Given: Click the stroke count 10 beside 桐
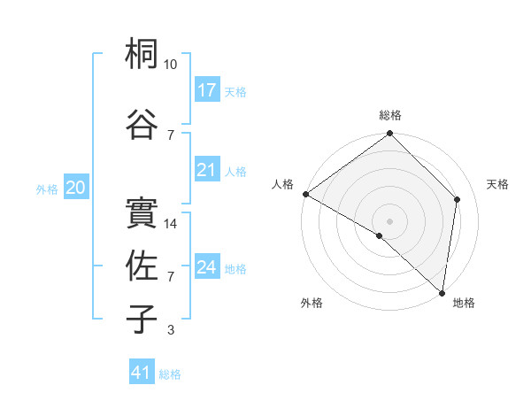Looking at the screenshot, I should coord(171,65).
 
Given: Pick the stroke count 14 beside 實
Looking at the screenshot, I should coord(172,224).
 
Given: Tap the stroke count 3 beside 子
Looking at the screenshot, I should coord(171,330).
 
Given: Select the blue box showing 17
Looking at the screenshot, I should coord(207,90).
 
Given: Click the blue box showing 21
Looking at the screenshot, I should coord(207,170).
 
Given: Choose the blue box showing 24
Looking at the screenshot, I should coord(207,267).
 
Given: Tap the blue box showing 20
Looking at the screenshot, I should coord(76,188).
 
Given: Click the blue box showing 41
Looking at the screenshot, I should coord(142,374).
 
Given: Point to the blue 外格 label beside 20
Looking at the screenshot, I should coord(47,189).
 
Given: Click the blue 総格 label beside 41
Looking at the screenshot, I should coord(170,374).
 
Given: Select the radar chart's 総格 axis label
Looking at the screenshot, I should coord(390,115).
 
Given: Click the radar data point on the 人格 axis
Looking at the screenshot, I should coord(305,194).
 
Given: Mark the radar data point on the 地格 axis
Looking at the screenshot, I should coord(442,292).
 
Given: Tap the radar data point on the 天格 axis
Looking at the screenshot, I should coord(458,199).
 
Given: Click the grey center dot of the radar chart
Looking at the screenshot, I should coord(389,220).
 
